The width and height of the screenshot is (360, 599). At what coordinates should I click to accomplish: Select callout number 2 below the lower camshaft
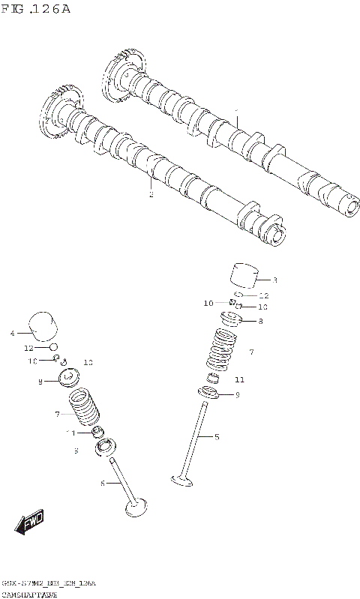pyautogui.click(x=151, y=195)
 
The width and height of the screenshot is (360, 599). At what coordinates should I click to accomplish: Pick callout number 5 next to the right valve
pyautogui.click(x=217, y=437)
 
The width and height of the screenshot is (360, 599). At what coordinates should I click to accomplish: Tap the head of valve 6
pyautogui.click(x=136, y=508)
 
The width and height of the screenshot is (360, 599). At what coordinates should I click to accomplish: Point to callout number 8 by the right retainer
pyautogui.click(x=260, y=322)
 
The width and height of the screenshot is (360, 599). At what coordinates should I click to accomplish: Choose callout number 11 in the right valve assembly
pyautogui.click(x=239, y=379)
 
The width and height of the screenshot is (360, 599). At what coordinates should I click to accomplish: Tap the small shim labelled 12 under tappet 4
pyautogui.click(x=53, y=347)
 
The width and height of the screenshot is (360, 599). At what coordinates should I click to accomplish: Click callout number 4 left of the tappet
pyautogui.click(x=12, y=332)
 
